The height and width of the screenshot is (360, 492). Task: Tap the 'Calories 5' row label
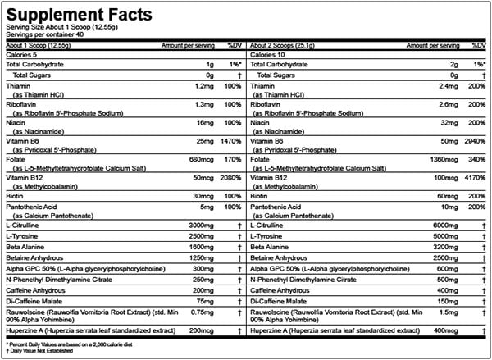pyautogui.click(x=23, y=55)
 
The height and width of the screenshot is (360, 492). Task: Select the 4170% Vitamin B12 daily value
pyautogui.click(x=472, y=175)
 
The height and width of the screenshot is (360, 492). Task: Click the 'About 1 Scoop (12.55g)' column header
pyautogui.click(x=42, y=46)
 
